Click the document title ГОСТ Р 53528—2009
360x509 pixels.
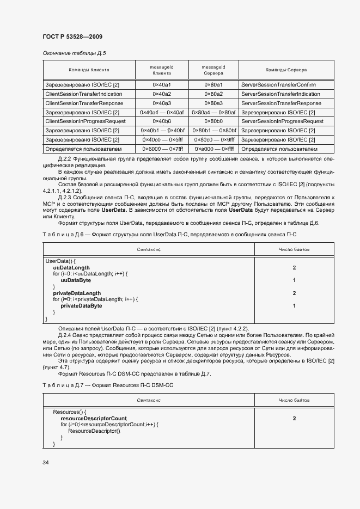72,37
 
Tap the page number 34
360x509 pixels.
46,462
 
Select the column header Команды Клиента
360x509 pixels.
89,70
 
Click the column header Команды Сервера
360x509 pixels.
286,70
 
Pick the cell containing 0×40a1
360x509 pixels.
162,85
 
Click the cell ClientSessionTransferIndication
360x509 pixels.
84,94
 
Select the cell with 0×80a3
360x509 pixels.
213,103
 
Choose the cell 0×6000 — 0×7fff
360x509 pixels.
162,149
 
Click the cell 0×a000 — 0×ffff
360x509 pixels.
213,149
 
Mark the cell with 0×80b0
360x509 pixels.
213,121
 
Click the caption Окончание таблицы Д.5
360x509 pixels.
74,53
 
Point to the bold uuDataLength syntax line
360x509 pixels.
71,268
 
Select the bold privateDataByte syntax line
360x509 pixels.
81,306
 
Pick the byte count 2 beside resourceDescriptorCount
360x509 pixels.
294,418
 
